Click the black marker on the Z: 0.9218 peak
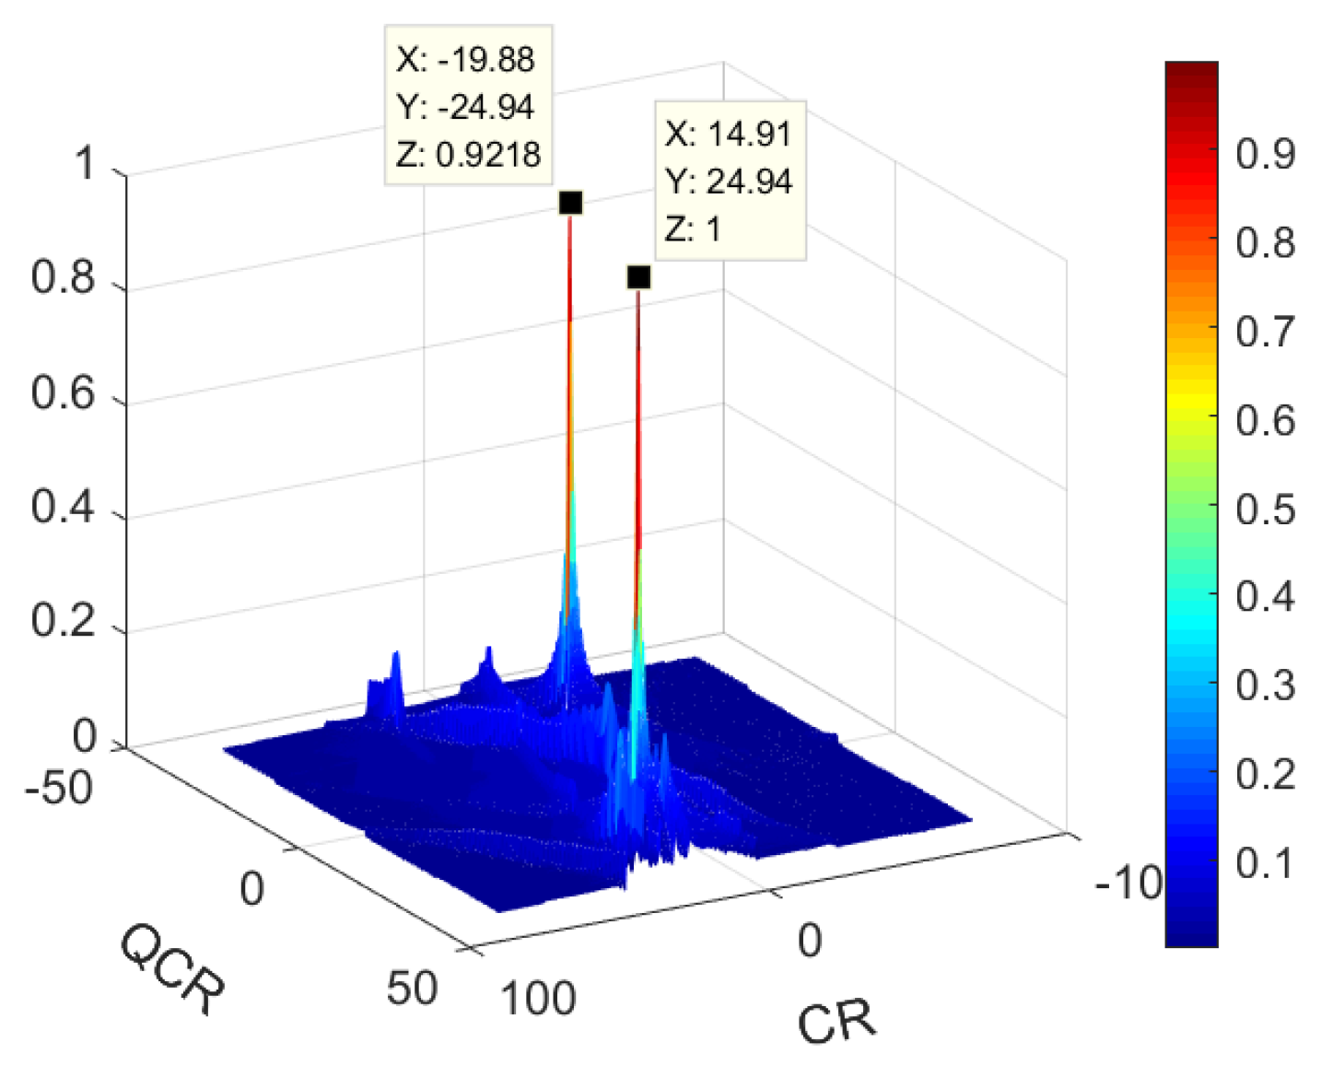[570, 203]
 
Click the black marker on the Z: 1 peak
[638, 277]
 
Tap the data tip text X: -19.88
[465, 60]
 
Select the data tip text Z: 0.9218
[468, 154]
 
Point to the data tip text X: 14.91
[728, 134]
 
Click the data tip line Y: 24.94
[728, 182]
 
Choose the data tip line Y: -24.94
[465, 107]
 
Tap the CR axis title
[836, 1022]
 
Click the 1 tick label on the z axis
[85, 164]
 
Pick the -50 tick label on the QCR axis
[59, 789]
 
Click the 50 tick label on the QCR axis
[411, 988]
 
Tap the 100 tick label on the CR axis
[538, 998]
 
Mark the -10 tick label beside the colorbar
[1128, 884]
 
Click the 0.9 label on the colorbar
[1265, 154]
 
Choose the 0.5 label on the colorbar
[1265, 509]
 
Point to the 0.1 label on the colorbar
[1265, 863]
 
